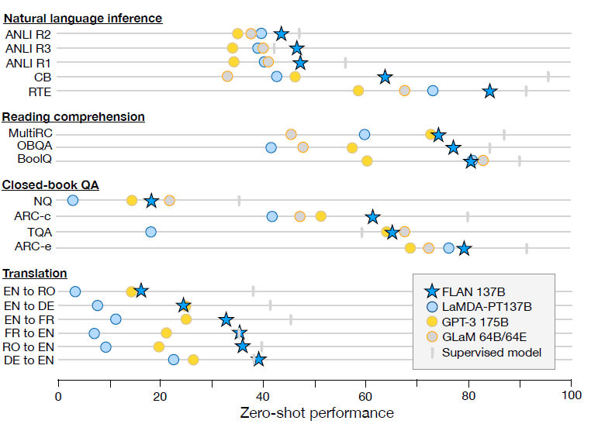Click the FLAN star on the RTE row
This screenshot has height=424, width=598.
tap(489, 91)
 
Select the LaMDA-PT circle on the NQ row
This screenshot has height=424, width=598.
tap(73, 201)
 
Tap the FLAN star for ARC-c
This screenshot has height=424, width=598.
tap(373, 217)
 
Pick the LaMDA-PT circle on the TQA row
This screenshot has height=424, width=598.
tap(150, 232)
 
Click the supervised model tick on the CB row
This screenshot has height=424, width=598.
tap(548, 76)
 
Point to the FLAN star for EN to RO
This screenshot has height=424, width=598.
tap(140, 291)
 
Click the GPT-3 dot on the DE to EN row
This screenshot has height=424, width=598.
tap(193, 360)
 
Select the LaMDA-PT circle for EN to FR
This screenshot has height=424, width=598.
tap(116, 319)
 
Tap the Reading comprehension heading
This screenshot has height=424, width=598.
tap(73, 117)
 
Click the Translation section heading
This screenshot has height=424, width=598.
tap(34, 274)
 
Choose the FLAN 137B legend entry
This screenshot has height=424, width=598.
tap(474, 291)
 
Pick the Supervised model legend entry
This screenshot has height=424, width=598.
tap(491, 353)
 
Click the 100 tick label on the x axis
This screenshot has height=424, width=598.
tap(572, 396)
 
